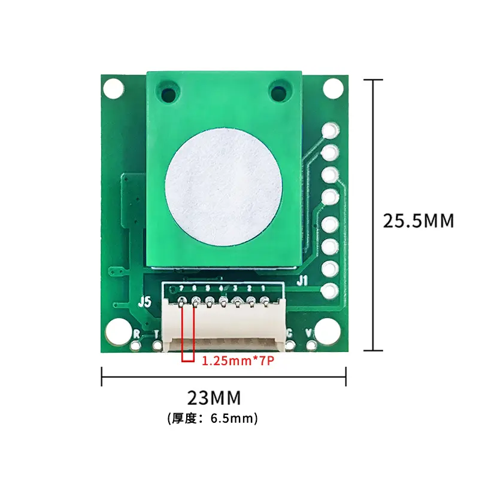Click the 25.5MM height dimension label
tap(419, 220)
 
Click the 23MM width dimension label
tap(214, 398)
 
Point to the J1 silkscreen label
tap(302, 279)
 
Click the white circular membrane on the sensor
tap(223, 186)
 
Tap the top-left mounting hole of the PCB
tap(113, 89)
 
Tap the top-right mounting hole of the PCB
tap(334, 89)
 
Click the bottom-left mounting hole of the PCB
tap(119, 330)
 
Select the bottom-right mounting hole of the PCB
tap(329, 330)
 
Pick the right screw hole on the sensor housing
tap(278, 93)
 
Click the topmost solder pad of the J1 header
tap(330, 131)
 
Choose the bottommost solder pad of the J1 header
tap(330, 291)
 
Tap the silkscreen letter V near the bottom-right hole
tap(310, 333)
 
